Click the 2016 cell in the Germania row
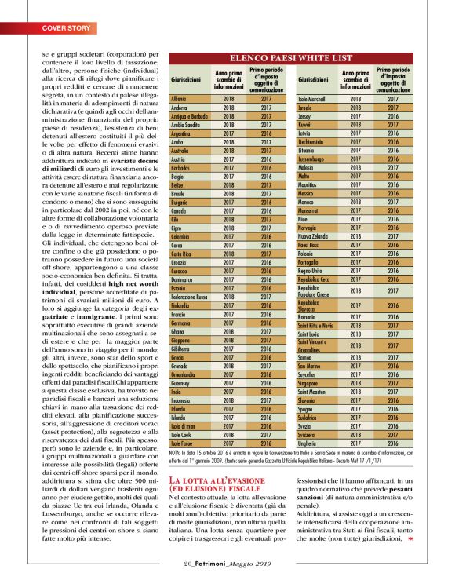click(267, 323)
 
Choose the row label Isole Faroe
click(184, 444)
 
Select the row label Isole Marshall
click(315, 100)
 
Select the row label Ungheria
click(311, 443)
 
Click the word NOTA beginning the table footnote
click(175, 453)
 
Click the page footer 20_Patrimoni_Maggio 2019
click(227, 563)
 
